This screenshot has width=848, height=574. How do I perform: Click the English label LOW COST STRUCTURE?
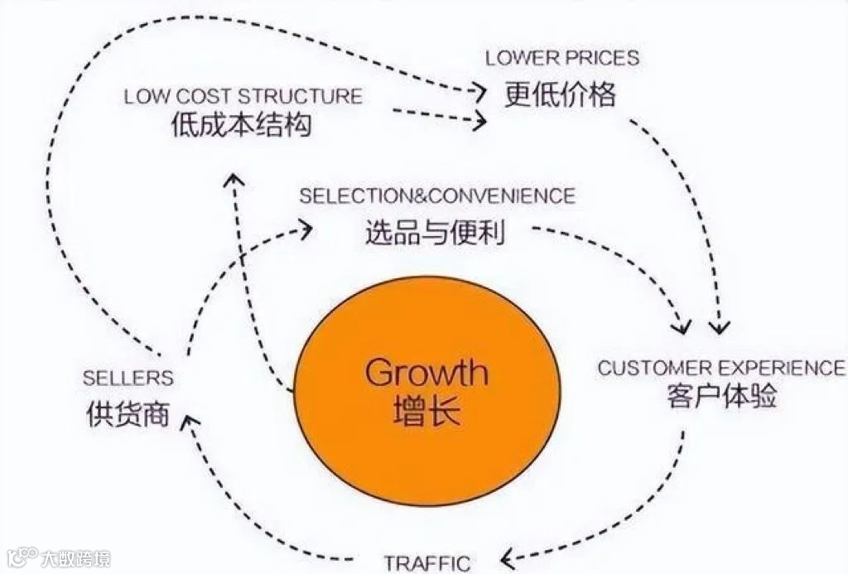243,96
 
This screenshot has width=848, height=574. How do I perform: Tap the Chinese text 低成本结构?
242,125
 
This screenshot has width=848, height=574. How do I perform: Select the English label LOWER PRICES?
561,58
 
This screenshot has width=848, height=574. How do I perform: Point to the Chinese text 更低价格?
561,95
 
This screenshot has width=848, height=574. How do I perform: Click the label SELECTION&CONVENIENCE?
436,196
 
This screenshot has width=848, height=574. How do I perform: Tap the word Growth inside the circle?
426,374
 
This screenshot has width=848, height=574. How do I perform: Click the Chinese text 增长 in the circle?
426,411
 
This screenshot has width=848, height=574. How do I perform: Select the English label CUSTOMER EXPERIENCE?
721,368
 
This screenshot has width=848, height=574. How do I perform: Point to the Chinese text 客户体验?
721,397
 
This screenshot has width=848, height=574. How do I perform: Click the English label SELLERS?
128,379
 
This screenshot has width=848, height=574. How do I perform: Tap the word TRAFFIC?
427,562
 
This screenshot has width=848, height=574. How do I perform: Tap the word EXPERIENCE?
782,368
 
